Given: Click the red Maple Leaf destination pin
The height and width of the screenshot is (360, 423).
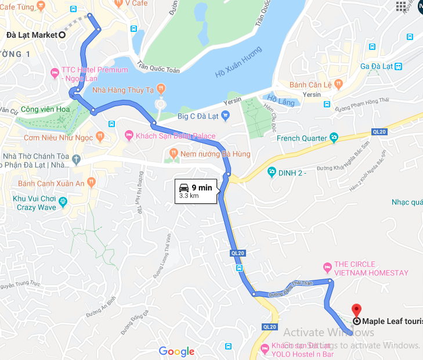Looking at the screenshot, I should click(357, 309).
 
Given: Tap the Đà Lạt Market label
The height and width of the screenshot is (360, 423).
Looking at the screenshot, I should click(32, 35).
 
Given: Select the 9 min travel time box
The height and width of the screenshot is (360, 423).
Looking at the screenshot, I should click(197, 191).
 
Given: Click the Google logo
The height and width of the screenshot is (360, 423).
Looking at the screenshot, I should click(176, 351).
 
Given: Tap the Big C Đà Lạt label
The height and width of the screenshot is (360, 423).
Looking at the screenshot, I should click(197, 116).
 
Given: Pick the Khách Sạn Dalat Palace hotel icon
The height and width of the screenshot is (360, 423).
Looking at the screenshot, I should click(129, 136).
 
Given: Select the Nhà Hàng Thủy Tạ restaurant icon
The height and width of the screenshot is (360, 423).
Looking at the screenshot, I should click(161, 89).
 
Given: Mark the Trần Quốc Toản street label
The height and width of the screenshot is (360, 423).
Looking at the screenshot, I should click(158, 66).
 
